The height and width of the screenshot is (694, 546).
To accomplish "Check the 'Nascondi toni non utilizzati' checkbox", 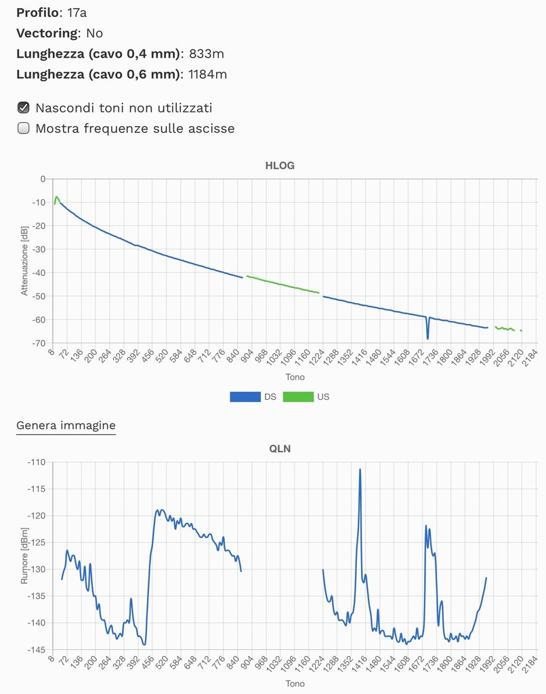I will (23, 107).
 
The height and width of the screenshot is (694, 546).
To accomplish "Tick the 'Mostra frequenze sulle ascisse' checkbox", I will (23, 128).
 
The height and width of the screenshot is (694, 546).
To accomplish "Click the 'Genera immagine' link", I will (66, 426).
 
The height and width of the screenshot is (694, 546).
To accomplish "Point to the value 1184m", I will (208, 74).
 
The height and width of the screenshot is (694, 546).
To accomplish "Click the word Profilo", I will (37, 12).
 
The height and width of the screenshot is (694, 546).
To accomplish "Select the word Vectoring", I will (47, 33).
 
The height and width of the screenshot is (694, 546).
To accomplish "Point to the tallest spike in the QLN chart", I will (360, 470).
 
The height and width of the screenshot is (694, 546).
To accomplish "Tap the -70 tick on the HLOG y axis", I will (38, 344).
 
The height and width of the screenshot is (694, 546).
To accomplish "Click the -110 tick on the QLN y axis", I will (36, 462).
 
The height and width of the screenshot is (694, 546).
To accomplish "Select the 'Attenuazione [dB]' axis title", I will (24, 261).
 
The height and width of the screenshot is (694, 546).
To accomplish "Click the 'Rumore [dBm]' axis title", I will (24, 556).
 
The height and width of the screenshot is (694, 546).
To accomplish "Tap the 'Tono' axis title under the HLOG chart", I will (295, 377).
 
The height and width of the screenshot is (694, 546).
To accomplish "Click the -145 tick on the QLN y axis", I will (36, 649).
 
